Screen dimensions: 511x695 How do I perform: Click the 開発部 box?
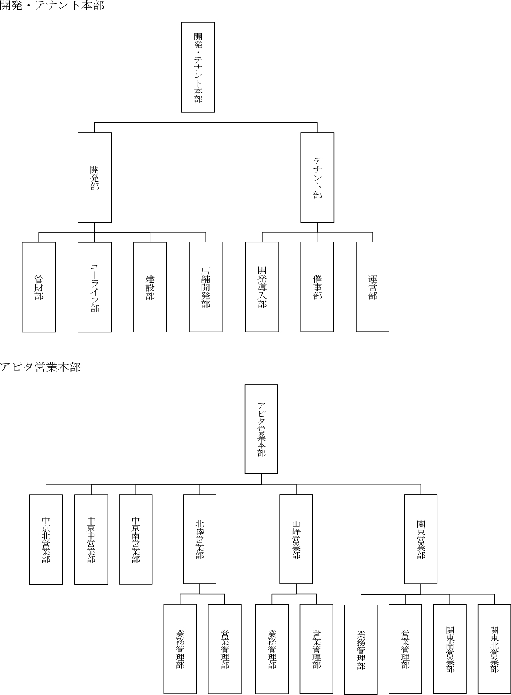[94, 178]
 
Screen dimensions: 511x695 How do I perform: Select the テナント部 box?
[317, 178]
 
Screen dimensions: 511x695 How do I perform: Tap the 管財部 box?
[39, 287]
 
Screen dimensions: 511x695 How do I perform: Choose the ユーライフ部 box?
[94, 287]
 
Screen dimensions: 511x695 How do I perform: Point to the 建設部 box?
[150, 287]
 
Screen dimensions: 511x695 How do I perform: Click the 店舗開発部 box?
[206, 287]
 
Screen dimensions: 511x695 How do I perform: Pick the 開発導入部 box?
[262, 287]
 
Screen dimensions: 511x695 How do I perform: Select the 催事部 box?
[317, 287]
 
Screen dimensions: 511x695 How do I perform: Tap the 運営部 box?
[373, 287]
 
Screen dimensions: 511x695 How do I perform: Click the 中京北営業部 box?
[46, 539]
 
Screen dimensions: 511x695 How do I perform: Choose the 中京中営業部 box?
[91, 539]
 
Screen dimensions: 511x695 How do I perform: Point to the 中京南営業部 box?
[136, 539]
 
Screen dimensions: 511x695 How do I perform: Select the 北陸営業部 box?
[200, 539]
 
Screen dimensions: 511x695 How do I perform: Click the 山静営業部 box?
[296, 539]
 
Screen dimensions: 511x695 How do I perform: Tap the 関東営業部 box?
[421, 539]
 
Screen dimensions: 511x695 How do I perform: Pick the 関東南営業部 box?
[450, 649]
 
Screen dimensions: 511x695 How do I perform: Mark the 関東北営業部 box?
[494, 649]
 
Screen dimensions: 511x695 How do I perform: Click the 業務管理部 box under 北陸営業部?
[180, 649]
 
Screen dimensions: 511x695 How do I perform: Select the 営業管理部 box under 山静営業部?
[316, 649]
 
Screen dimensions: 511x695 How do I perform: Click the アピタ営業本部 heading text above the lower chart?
[40, 367]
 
